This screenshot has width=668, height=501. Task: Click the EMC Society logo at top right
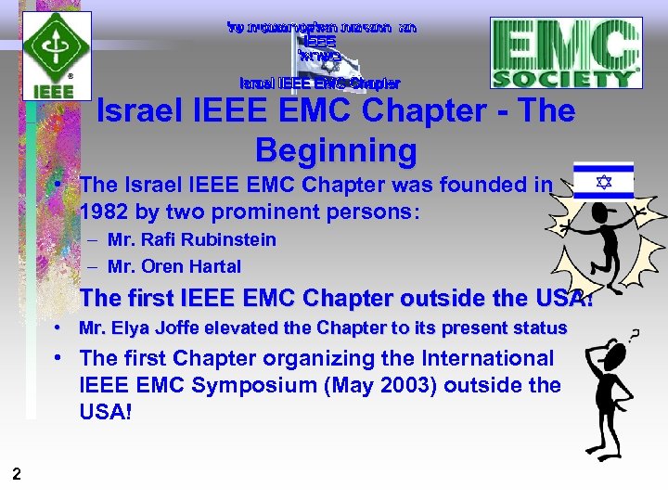(566, 54)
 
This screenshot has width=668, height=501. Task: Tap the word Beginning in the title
(336, 149)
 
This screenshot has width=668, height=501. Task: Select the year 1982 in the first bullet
(107, 211)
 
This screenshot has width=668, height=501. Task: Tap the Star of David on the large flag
(603, 182)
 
